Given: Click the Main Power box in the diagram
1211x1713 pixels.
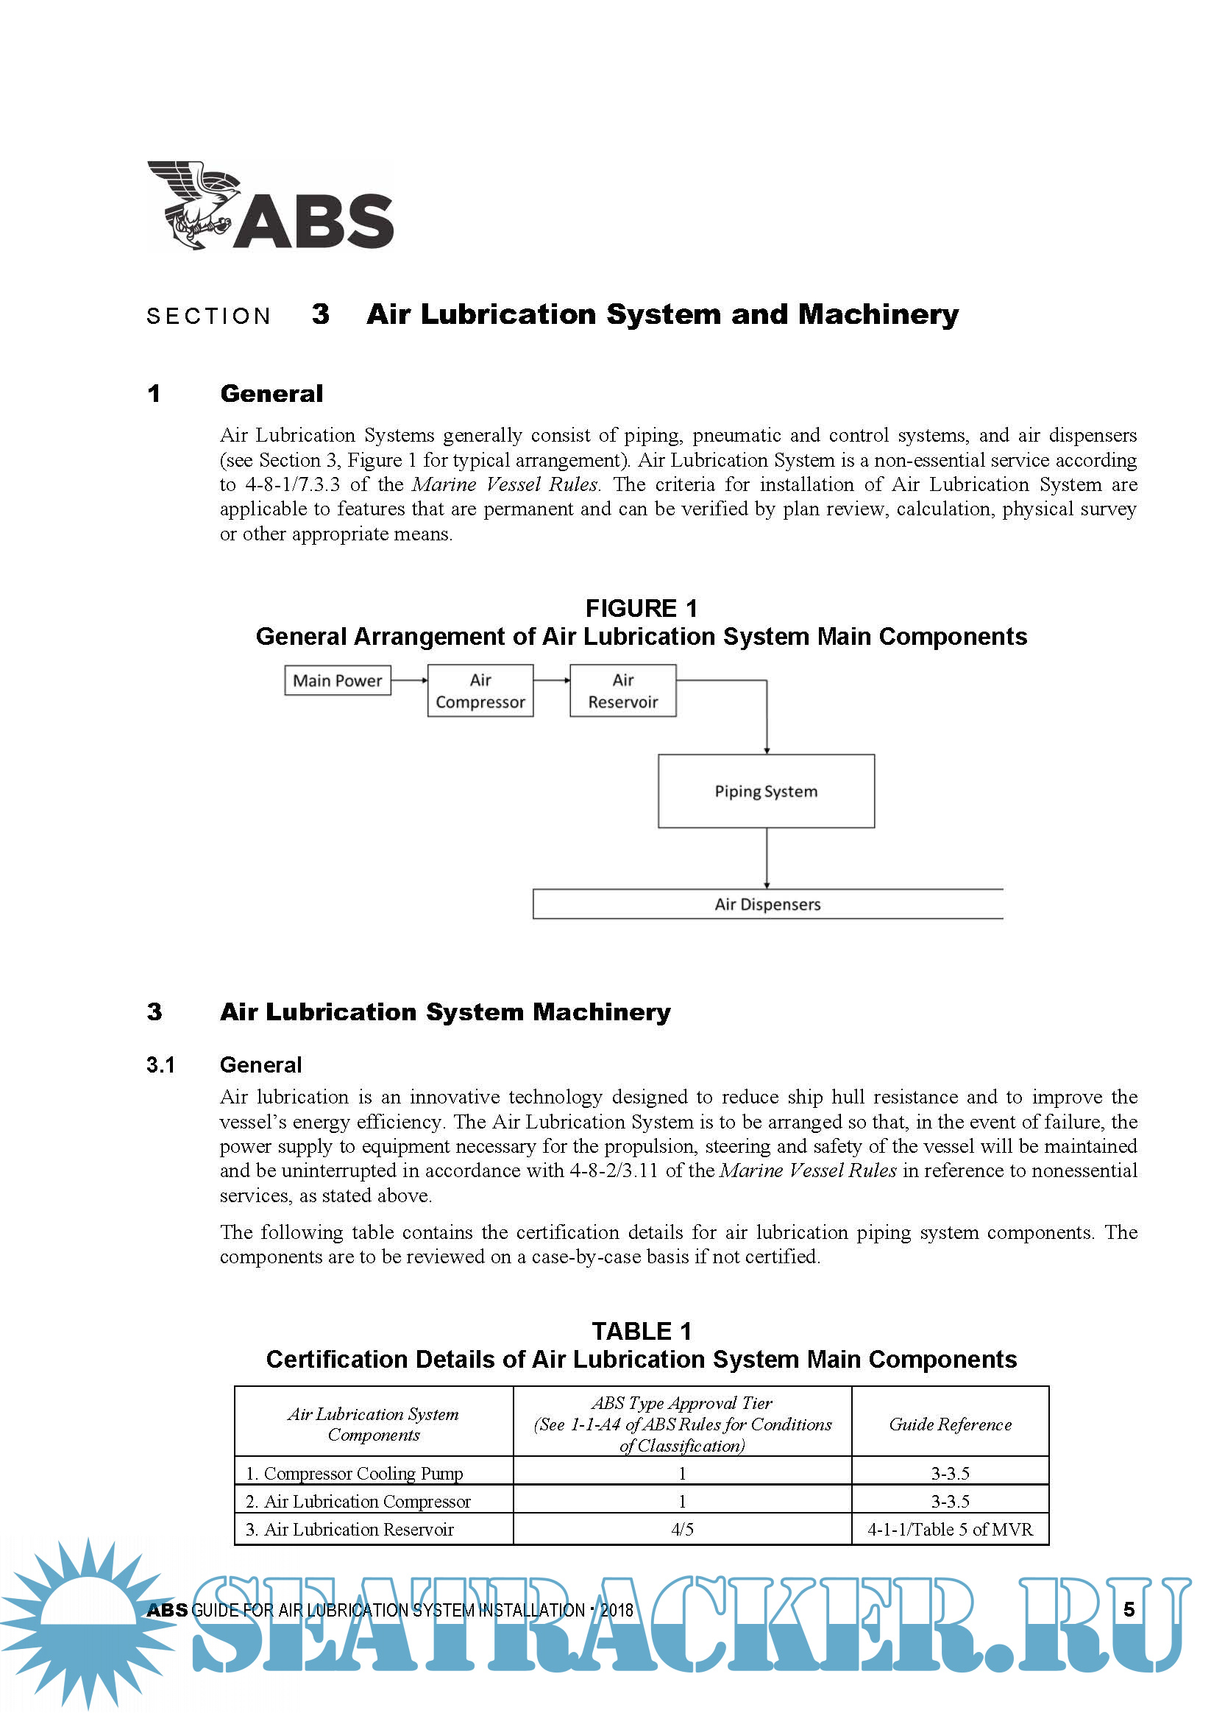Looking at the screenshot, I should point(337,680).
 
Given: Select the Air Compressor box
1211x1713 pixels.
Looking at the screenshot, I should point(480,691).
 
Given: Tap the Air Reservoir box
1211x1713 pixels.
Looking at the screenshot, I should point(622,691).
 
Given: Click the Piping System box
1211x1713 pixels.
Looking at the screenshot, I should point(766,791).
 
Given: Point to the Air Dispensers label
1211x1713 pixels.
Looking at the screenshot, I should point(767,904).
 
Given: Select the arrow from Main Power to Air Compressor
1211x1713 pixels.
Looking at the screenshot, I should point(409,680).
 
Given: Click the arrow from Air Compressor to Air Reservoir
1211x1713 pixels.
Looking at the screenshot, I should point(552,680).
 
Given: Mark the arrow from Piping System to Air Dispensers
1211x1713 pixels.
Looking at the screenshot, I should point(767,858).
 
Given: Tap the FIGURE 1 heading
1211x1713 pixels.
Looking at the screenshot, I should point(642,609).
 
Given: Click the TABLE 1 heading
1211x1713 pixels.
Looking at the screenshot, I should point(642,1332).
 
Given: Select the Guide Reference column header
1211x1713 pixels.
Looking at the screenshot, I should point(950,1424).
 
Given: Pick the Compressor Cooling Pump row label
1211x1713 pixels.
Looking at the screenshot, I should point(355,1474).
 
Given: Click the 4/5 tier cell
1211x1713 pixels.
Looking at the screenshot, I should point(682,1530).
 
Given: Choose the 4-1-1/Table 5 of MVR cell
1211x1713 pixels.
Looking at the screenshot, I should point(950,1530).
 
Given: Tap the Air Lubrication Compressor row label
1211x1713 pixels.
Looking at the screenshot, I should point(359,1501).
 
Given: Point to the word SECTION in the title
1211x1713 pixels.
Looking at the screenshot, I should point(209,317).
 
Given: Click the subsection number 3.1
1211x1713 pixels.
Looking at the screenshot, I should point(160,1064).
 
